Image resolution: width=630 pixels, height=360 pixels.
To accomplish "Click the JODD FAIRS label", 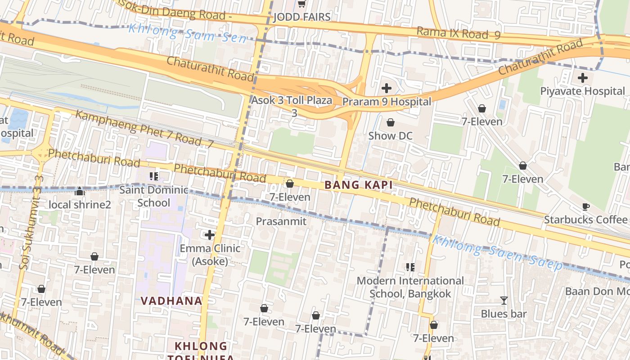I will [x=302, y=17].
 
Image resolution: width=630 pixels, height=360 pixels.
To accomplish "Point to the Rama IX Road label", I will [x=458, y=33].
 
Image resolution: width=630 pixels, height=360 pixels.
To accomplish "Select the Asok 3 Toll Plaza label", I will [x=292, y=101].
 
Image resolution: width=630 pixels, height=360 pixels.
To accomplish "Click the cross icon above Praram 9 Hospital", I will [x=386, y=88].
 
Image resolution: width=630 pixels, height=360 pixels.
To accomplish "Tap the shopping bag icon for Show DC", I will [x=390, y=122].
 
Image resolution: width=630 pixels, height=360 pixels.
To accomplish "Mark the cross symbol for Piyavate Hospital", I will [x=583, y=78].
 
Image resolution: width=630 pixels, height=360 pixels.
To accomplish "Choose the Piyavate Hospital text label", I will [x=583, y=91].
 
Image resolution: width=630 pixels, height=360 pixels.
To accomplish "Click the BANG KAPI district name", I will [x=359, y=185].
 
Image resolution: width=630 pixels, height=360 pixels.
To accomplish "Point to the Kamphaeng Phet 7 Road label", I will [x=144, y=128].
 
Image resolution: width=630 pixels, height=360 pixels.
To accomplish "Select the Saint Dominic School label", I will [x=154, y=196].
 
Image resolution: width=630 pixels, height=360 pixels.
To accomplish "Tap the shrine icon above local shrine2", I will [x=80, y=191].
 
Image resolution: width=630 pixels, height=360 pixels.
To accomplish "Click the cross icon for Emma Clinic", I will [x=210, y=235].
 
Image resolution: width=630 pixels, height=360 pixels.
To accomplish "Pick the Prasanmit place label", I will [x=281, y=221].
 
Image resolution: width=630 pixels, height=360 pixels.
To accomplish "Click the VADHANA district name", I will [x=171, y=301].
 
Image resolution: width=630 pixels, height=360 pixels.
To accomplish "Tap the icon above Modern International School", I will [x=410, y=267].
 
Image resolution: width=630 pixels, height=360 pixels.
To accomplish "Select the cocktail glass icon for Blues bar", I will [x=504, y=300].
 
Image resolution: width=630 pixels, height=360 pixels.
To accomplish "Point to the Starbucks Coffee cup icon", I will [x=585, y=207].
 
